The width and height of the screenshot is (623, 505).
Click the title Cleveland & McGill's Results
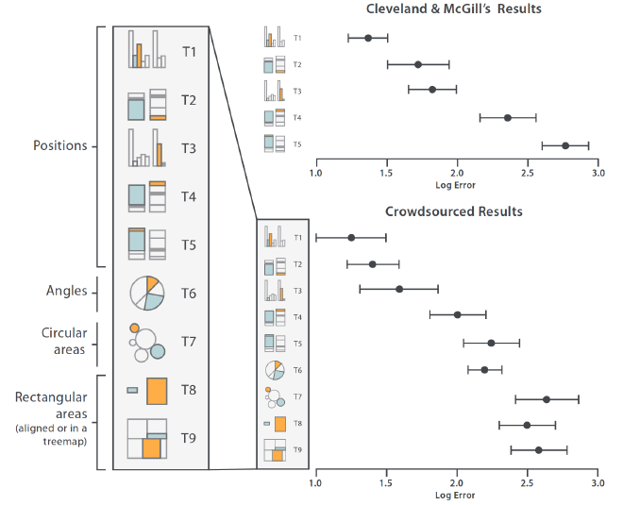click(x=460, y=9)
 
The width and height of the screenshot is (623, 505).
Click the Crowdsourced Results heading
click(x=454, y=211)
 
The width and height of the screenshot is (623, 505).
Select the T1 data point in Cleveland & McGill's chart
click(x=367, y=38)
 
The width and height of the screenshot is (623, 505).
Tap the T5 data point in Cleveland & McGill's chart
click(x=565, y=145)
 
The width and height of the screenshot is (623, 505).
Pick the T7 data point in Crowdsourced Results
click(x=546, y=399)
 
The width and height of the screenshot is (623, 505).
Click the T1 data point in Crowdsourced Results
click(x=351, y=238)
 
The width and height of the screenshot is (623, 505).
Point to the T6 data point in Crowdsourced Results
click(x=484, y=369)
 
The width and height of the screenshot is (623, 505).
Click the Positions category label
click(x=59, y=146)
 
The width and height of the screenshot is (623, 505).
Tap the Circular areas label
click(x=63, y=341)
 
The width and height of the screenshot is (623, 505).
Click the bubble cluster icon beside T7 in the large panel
click(x=146, y=342)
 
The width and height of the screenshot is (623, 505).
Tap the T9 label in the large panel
click(x=189, y=438)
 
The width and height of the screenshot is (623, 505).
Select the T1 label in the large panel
click(x=189, y=51)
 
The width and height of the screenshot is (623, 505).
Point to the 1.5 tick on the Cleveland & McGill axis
click(x=386, y=174)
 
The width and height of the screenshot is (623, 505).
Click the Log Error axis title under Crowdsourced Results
click(x=455, y=495)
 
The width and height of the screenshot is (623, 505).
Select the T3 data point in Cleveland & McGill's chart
click(x=432, y=90)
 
